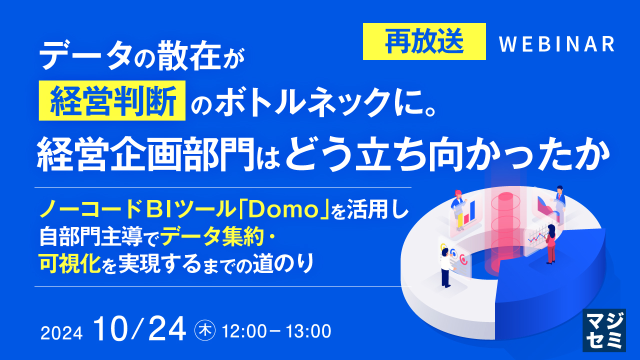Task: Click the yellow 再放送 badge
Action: tap(424, 41)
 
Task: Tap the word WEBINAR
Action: tap(557, 44)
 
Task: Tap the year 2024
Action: tap(62, 332)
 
